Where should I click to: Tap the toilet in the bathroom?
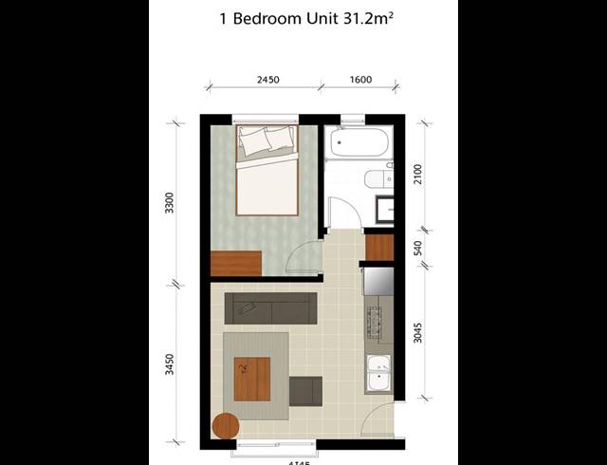376,179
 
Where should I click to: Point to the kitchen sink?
378,372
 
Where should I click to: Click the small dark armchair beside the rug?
305,389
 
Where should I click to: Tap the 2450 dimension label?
267,81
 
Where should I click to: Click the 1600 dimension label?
360,81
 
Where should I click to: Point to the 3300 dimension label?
170,204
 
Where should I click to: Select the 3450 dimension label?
170,364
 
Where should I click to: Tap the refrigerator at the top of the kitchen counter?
378,280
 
